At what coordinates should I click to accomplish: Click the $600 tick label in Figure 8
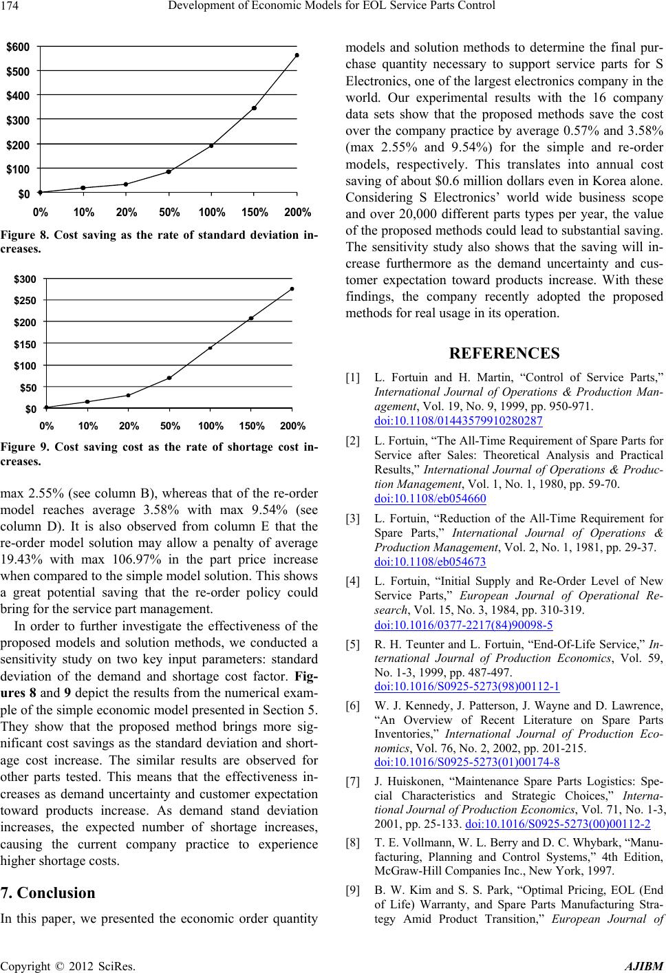[x=18, y=46]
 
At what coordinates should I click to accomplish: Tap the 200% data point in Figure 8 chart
[x=297, y=55]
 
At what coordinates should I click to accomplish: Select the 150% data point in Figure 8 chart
[x=255, y=108]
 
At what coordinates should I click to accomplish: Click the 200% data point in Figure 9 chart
[x=292, y=289]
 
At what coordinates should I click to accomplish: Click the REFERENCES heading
[x=504, y=354]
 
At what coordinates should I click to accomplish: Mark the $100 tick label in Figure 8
[x=18, y=168]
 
